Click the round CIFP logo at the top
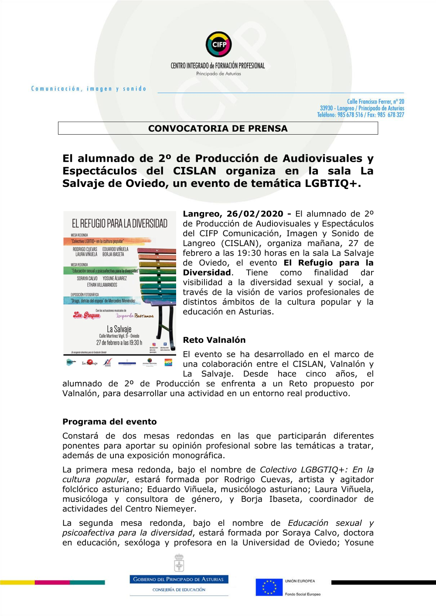(218, 44)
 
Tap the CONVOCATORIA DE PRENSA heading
(218, 129)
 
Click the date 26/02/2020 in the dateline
(255, 214)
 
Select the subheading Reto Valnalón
(214, 340)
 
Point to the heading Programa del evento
(109, 422)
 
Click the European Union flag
(269, 587)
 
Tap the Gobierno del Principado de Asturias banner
(179, 579)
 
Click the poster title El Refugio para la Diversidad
(119, 223)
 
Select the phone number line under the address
(361, 115)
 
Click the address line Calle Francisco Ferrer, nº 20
(375, 102)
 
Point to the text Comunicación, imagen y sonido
(89, 89)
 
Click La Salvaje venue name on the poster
(119, 329)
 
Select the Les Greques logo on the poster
(86, 315)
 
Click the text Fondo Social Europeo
(303, 594)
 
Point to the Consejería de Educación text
(179, 590)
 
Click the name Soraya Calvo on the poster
(87, 278)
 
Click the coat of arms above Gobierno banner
(179, 563)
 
